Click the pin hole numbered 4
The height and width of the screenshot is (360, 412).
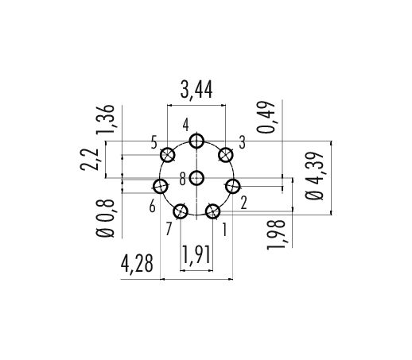click(196, 141)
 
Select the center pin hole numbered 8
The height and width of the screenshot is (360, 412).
click(196, 178)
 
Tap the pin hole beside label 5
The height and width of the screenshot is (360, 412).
click(167, 155)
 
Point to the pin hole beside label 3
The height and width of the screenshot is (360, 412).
click(225, 155)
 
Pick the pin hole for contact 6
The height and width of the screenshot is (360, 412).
click(161, 186)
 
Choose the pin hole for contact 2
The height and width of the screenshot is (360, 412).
click(232, 186)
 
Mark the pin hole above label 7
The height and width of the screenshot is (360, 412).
click(181, 211)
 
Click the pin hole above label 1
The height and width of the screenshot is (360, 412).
click(212, 211)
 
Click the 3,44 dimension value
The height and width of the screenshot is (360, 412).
click(196, 90)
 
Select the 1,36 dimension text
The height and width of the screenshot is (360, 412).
click(106, 119)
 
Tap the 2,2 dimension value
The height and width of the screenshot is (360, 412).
click(89, 160)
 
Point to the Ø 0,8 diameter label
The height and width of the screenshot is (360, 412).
click(106, 218)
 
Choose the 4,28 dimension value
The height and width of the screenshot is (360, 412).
click(137, 264)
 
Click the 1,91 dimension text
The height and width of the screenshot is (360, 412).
click(196, 255)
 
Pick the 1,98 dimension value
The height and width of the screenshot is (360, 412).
click(276, 234)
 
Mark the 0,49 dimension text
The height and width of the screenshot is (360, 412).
click(266, 117)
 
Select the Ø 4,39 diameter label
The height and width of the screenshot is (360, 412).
click(314, 176)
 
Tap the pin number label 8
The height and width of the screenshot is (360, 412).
click(183, 179)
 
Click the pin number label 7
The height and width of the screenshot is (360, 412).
click(169, 229)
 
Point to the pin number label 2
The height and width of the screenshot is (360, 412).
click(244, 203)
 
